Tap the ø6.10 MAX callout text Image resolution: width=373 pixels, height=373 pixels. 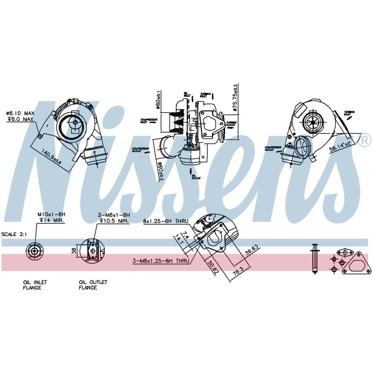coord(20,113)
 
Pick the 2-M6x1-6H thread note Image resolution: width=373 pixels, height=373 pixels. coord(114,214)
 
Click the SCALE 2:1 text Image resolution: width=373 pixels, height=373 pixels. coord(14,234)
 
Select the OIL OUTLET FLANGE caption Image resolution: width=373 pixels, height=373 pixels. coord(93,285)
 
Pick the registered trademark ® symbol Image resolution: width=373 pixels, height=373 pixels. coord(365,140)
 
